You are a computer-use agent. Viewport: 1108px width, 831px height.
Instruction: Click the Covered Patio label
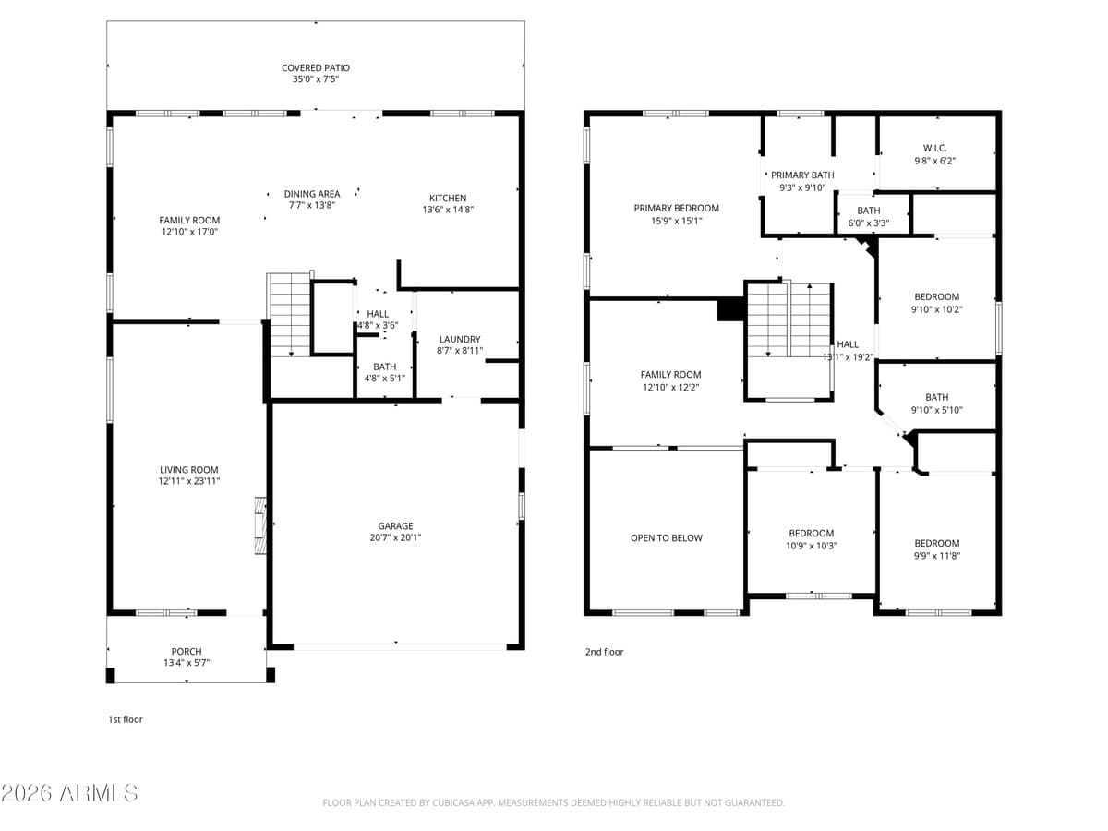[x=316, y=68]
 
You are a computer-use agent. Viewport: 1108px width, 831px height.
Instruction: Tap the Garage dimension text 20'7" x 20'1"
[x=395, y=537]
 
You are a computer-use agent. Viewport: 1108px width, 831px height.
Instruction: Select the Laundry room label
[x=460, y=339]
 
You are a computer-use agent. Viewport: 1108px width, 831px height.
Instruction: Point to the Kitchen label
[x=448, y=198]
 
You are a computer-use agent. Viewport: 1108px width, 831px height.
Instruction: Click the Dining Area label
[x=312, y=194]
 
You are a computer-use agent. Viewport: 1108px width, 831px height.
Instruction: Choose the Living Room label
[x=189, y=470]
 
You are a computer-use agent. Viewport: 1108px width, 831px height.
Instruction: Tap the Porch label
[x=187, y=651]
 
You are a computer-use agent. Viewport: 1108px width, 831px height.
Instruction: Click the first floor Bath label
[x=384, y=367]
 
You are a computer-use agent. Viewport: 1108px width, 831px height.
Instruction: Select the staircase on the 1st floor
[x=290, y=315]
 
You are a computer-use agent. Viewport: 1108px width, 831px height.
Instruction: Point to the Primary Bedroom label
[x=676, y=208]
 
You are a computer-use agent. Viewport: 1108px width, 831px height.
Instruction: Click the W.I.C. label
[x=934, y=148]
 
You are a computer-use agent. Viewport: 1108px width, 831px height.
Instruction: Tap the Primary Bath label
[x=802, y=175]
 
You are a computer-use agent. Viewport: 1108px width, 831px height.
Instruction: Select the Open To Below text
[x=667, y=538]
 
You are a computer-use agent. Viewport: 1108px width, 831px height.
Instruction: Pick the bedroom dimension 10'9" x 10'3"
[x=811, y=545]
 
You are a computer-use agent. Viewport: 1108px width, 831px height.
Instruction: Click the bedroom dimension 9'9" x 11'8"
[x=936, y=555]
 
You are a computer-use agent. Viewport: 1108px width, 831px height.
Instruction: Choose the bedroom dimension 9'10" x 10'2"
[x=936, y=309]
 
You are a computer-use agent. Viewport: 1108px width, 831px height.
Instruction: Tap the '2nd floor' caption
[x=604, y=652]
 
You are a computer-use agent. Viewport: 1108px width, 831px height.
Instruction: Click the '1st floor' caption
[x=126, y=719]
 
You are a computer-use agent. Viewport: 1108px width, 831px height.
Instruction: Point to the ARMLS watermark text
[x=70, y=792]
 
